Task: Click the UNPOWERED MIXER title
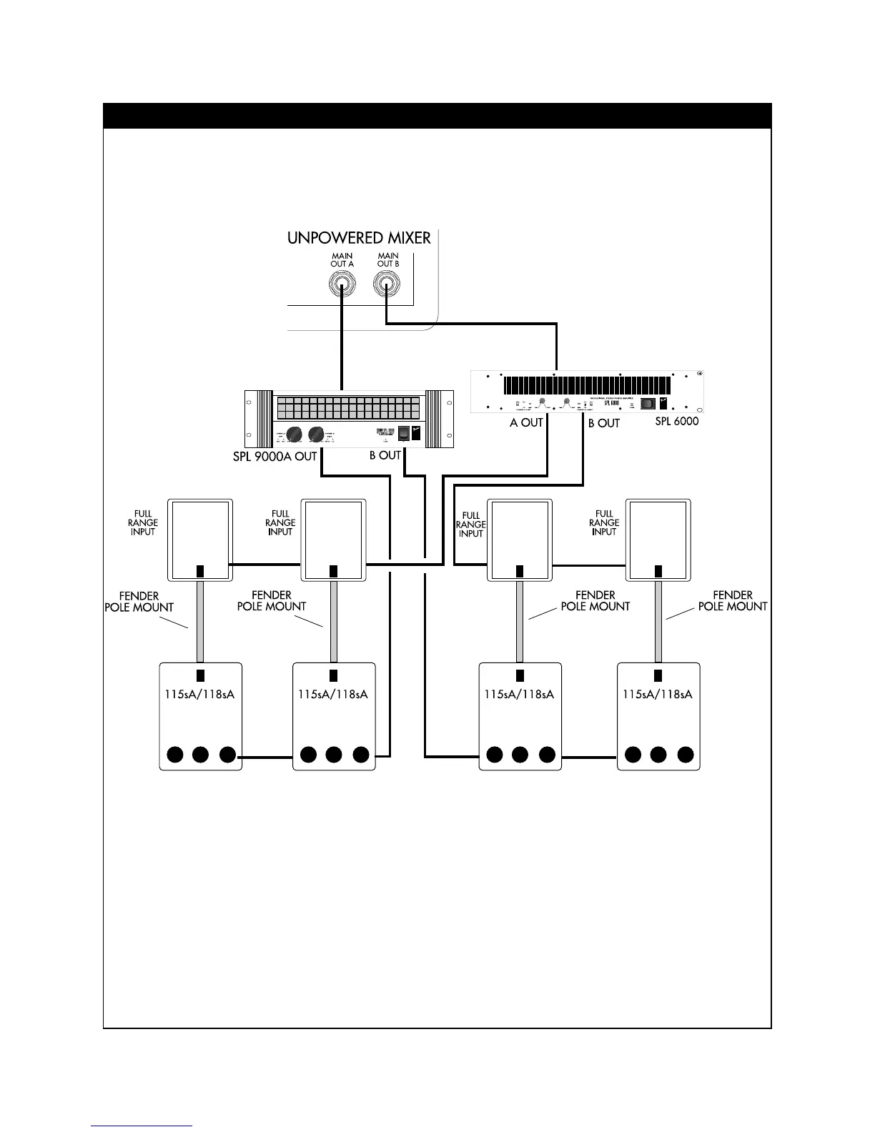click(x=359, y=238)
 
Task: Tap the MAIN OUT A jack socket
click(x=342, y=287)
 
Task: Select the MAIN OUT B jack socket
click(x=387, y=287)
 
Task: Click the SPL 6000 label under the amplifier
click(x=676, y=422)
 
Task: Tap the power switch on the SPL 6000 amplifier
click(x=648, y=403)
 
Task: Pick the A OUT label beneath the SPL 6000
click(x=526, y=423)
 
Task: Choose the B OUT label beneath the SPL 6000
click(x=603, y=423)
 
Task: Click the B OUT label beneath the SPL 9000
click(x=385, y=456)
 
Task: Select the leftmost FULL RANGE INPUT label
click(x=143, y=522)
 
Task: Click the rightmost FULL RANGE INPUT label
click(x=604, y=522)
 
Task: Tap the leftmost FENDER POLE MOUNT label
click(x=139, y=602)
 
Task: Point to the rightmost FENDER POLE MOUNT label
click(x=732, y=600)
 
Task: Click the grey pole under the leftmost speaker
click(x=201, y=622)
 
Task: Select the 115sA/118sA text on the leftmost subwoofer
click(x=199, y=694)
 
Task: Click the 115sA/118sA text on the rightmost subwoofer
click(x=657, y=694)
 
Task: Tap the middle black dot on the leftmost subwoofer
click(x=201, y=755)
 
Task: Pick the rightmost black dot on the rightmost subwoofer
click(x=685, y=755)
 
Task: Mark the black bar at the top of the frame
click(x=437, y=116)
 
